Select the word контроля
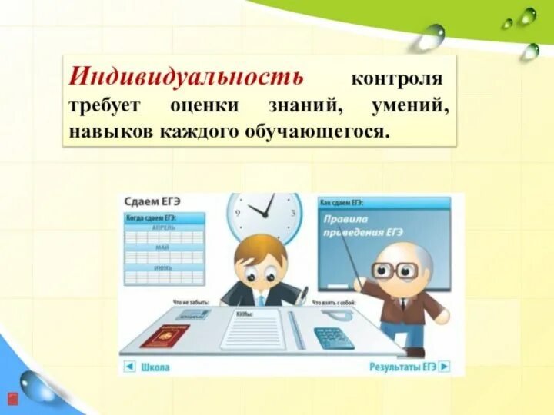coord(396,78)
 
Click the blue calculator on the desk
coord(333,337)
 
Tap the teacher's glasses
coord(394,270)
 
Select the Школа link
coord(155,367)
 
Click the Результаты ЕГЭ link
coord(402,367)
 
